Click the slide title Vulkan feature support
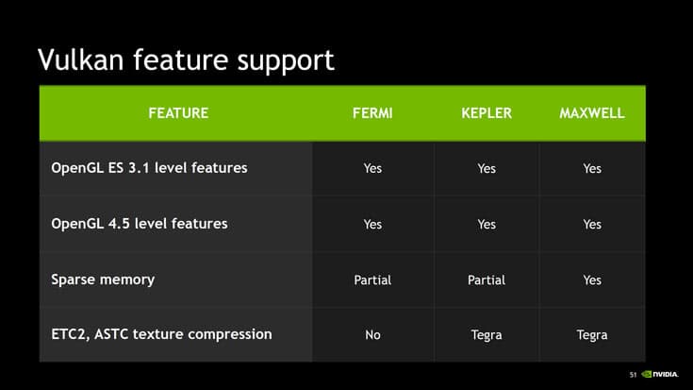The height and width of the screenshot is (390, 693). tap(186, 59)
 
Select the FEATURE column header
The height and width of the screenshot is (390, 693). tap(178, 113)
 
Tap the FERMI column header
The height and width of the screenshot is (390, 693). tap(372, 113)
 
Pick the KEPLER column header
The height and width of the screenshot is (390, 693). tap(487, 113)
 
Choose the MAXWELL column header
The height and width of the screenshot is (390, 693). tap(592, 113)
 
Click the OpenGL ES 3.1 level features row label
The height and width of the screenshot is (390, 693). tap(149, 168)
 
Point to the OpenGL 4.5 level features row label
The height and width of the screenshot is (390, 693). tap(140, 224)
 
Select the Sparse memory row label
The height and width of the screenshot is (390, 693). tap(103, 280)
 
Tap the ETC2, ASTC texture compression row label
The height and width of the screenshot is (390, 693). tap(161, 334)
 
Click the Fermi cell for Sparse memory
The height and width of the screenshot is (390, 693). tap(372, 280)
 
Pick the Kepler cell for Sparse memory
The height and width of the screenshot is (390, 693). tap(487, 280)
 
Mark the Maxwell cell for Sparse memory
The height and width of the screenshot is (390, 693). tap(592, 280)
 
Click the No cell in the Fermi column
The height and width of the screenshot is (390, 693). tap(372, 335)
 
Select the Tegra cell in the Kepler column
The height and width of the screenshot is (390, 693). tap(487, 335)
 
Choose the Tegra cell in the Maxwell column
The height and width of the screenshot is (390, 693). tap(592, 335)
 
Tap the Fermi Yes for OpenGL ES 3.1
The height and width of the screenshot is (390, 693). tap(372, 169)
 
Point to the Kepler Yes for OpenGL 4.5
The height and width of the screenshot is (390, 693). tap(487, 225)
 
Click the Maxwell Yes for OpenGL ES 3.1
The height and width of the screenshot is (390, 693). tap(592, 169)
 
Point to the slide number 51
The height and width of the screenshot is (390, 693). tap(634, 374)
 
